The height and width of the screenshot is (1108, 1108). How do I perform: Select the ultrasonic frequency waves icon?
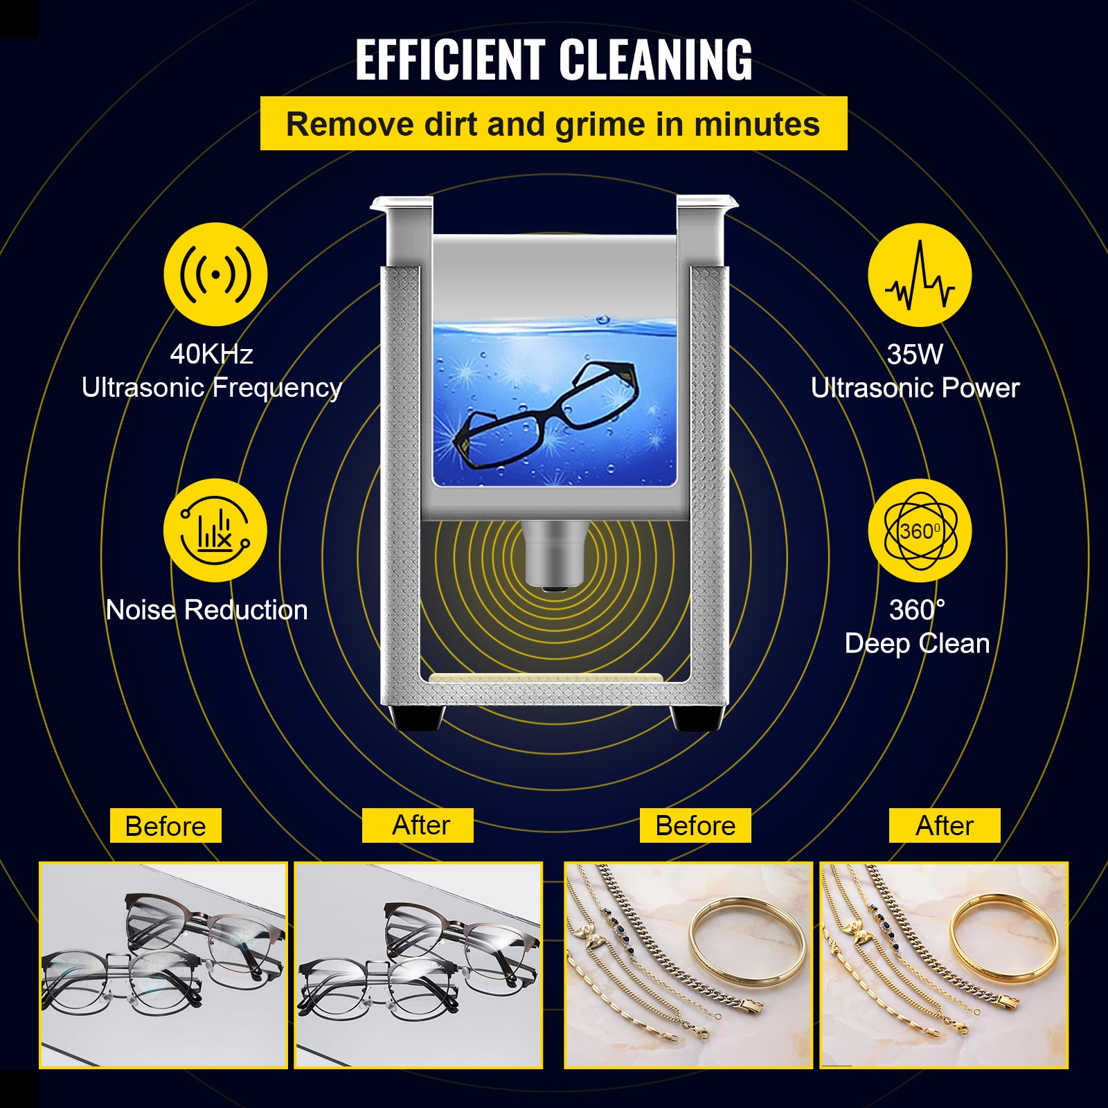(x=215, y=274)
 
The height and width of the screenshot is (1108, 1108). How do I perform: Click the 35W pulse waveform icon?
(x=920, y=275)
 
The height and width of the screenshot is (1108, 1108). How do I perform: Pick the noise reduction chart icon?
(x=215, y=530)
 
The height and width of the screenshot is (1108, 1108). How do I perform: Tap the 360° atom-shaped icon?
(x=920, y=530)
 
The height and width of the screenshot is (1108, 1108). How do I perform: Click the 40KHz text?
(x=211, y=354)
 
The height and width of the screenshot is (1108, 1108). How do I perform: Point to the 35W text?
(x=915, y=355)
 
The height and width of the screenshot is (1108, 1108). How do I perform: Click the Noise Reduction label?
(x=206, y=610)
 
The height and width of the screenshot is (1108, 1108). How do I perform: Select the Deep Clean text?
(x=917, y=643)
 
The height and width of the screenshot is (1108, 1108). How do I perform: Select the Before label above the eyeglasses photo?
(x=166, y=825)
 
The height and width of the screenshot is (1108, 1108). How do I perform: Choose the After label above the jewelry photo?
(x=945, y=825)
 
